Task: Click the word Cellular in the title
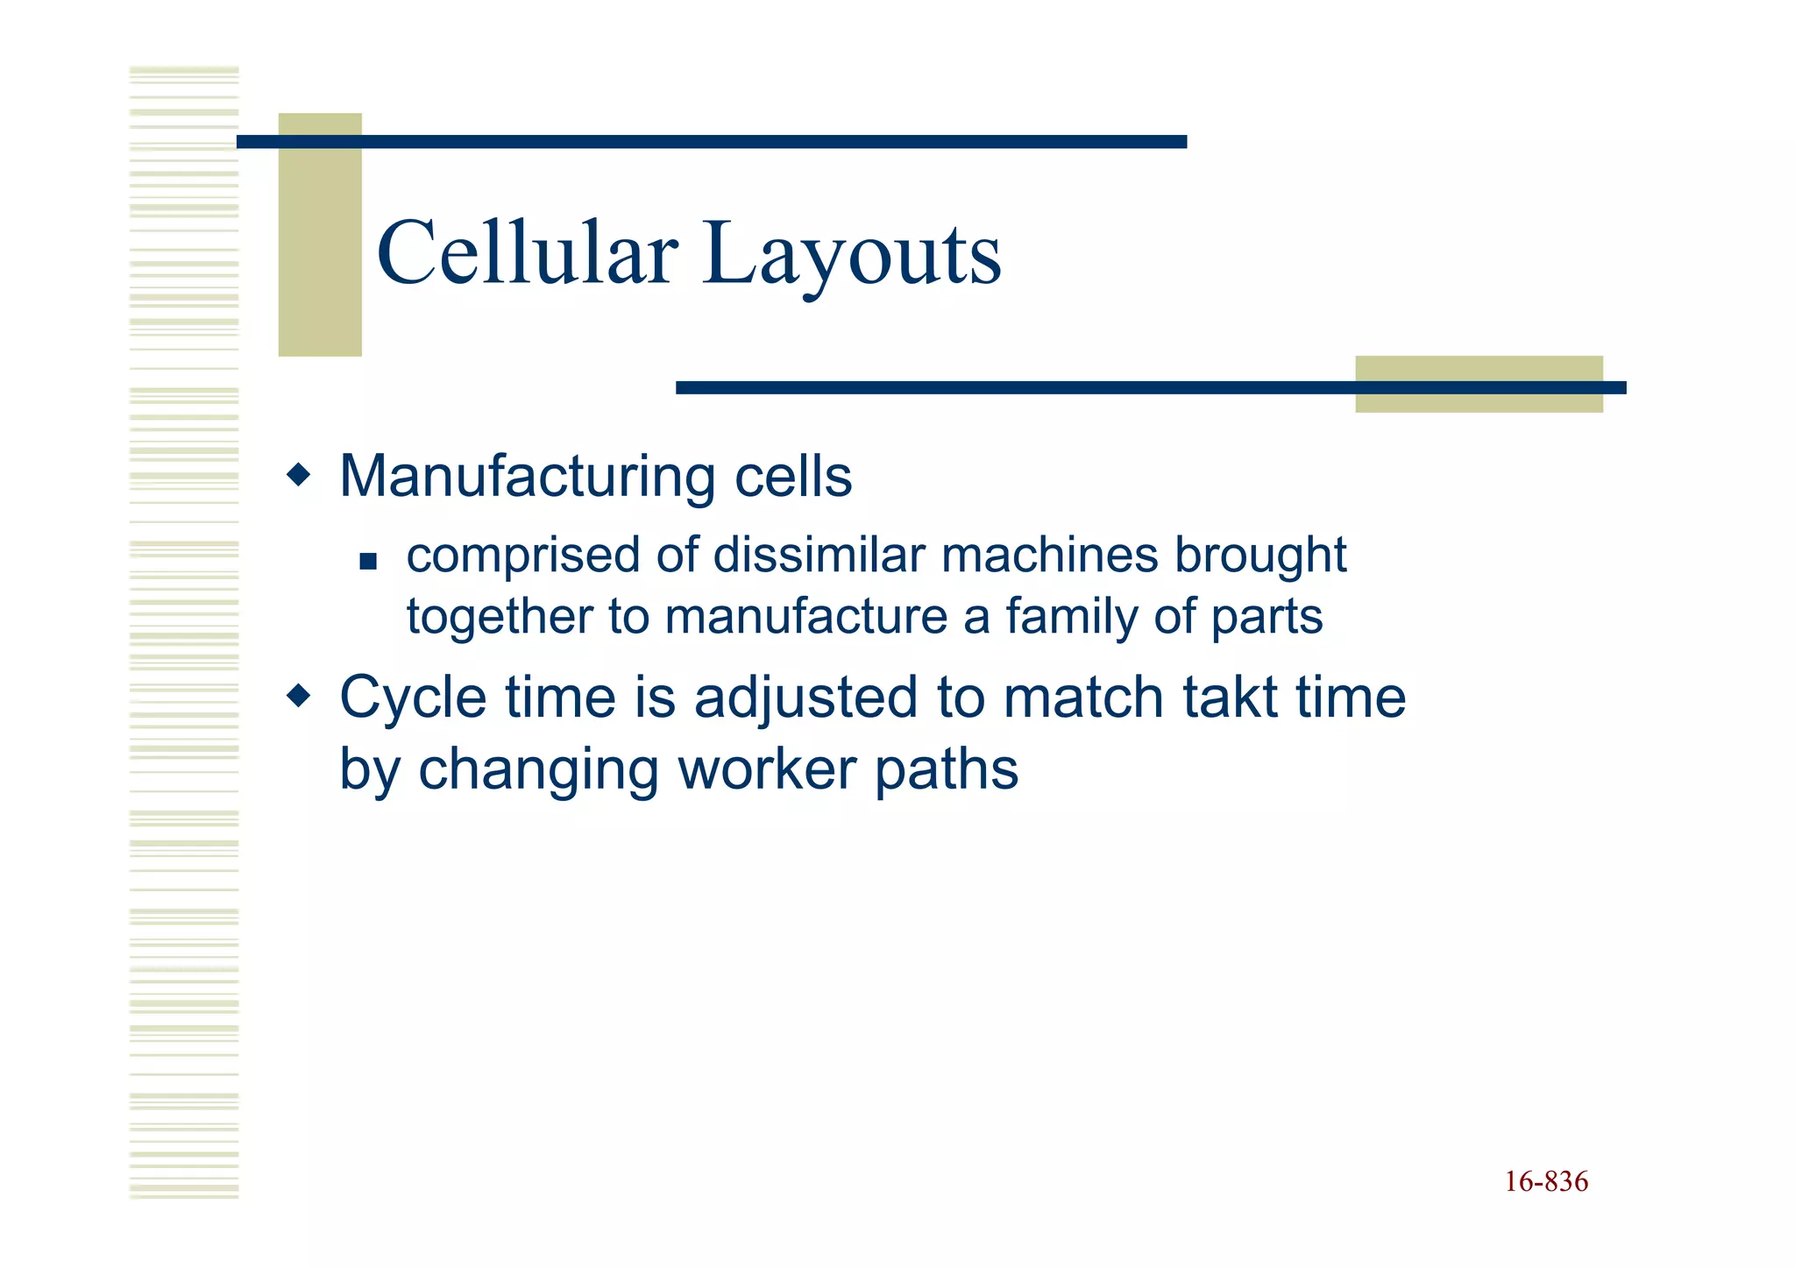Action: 527,253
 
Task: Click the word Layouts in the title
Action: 851,256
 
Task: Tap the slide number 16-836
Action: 1546,1181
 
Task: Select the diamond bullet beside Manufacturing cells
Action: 300,476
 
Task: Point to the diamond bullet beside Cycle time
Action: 300,697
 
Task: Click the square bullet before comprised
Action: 368,561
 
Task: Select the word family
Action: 1071,618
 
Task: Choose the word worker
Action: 768,769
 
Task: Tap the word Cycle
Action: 413,699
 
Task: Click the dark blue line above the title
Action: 712,142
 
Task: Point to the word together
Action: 500,618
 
